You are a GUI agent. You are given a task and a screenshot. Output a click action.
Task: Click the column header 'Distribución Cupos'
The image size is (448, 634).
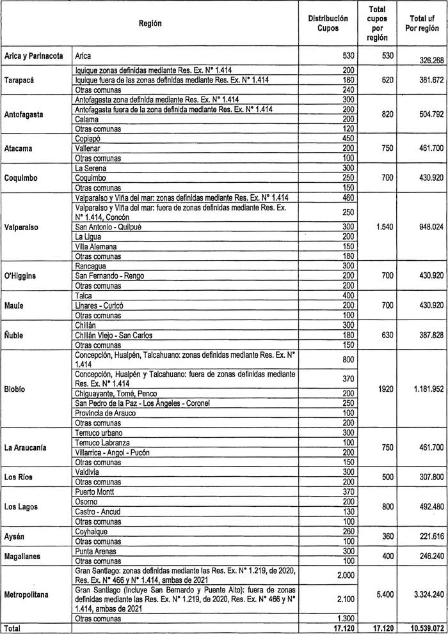click(x=333, y=24)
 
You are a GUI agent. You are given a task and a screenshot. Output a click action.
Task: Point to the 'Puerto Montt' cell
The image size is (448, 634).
click(x=95, y=491)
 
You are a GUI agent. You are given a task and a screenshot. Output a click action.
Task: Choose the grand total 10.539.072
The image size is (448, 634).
click(x=423, y=628)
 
